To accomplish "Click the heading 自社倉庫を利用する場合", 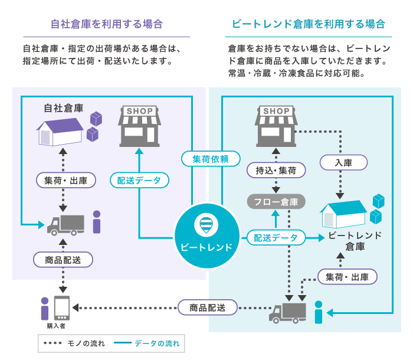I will click(x=107, y=24).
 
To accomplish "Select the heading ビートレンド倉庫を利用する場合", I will click(x=309, y=24).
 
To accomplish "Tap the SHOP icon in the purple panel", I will click(x=139, y=126).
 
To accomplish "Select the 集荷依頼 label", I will click(x=211, y=159).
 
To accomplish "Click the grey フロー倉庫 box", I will click(x=276, y=202).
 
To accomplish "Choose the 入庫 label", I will click(x=343, y=162).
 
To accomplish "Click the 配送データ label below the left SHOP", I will click(x=139, y=181).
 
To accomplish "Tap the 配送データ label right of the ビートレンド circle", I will click(x=276, y=238).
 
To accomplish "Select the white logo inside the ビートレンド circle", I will click(x=206, y=225).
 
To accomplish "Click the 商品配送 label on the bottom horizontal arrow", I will click(x=208, y=307).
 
